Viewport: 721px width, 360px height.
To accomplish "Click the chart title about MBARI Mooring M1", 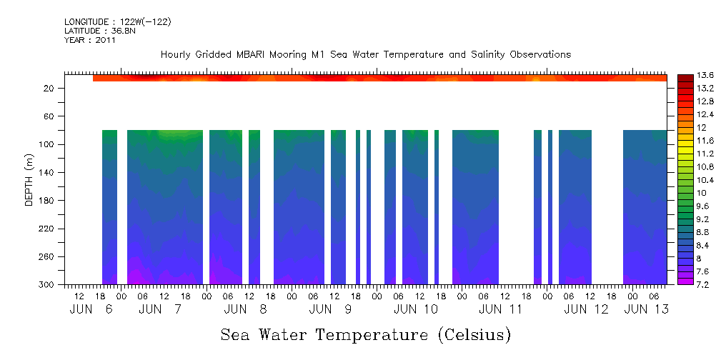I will tap(365, 54).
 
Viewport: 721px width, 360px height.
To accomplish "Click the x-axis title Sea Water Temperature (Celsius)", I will tap(365, 334).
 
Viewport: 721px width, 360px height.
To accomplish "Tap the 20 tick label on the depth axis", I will tap(50, 89).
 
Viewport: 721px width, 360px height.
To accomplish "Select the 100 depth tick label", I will tap(48, 144).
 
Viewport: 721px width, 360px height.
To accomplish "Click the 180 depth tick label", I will tap(48, 201).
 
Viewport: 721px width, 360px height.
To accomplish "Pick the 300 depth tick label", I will tap(48, 285).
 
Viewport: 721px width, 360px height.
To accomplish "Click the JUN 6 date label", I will tap(92, 309).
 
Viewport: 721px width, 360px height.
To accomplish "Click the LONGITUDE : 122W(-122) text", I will tap(117, 22).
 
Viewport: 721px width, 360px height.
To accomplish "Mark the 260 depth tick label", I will tap(48, 257).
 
